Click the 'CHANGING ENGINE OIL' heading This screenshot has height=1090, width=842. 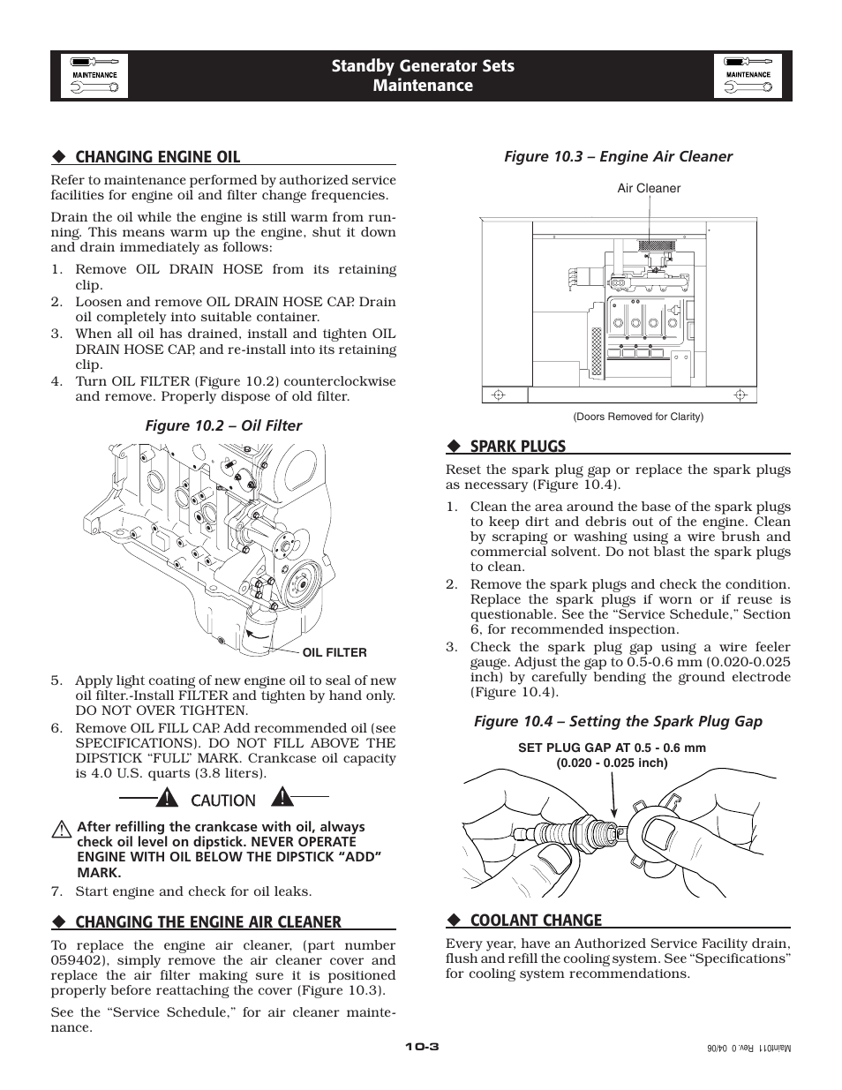coord(157,157)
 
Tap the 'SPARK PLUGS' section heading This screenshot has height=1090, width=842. coord(517,447)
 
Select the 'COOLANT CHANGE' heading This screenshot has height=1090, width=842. coord(536,921)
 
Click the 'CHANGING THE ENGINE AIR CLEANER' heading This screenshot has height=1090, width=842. coord(207,922)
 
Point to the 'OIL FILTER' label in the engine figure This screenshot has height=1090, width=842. coord(335,653)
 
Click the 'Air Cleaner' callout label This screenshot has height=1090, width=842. coord(649,188)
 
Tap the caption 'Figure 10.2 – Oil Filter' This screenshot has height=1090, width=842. coord(223,425)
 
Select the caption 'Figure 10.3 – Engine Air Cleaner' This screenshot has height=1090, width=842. coord(618,156)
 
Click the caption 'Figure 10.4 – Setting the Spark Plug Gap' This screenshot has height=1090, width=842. coord(618,721)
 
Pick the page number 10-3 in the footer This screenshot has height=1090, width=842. coord(421,1047)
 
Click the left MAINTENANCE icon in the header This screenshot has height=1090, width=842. coord(94,75)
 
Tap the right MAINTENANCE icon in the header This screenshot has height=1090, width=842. coord(748,75)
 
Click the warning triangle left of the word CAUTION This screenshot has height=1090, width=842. coord(165,800)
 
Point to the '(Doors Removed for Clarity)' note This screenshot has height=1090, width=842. coord(638,417)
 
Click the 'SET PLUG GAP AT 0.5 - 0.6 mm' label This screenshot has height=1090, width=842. coord(612,748)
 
